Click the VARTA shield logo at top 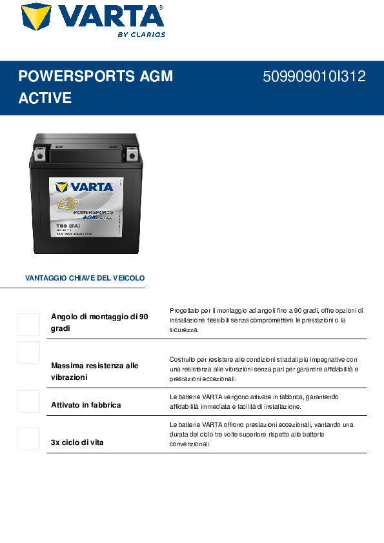pyautogui.click(x=36, y=17)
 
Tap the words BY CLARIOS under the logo pyautogui.click(x=141, y=35)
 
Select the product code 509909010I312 pyautogui.click(x=314, y=77)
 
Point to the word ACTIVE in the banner pyautogui.click(x=45, y=99)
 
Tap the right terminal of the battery pyautogui.click(x=132, y=153)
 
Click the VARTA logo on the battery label pyautogui.click(x=84, y=188)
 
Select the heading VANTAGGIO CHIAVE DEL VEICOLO pyautogui.click(x=85, y=279)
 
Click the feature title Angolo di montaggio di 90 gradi pyautogui.click(x=99, y=322)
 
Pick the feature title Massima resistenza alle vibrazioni pyautogui.click(x=94, y=371)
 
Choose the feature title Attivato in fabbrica pyautogui.click(x=86, y=405)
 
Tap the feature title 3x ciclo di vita pyautogui.click(x=77, y=442)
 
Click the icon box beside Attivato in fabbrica pyautogui.click(x=28, y=401)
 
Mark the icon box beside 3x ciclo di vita pyautogui.click(x=28, y=439)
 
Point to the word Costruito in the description pyautogui.click(x=183, y=359)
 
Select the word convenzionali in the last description pyautogui.click(x=190, y=444)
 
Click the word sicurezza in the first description pyautogui.click(x=184, y=330)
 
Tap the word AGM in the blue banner pyautogui.click(x=156, y=77)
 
